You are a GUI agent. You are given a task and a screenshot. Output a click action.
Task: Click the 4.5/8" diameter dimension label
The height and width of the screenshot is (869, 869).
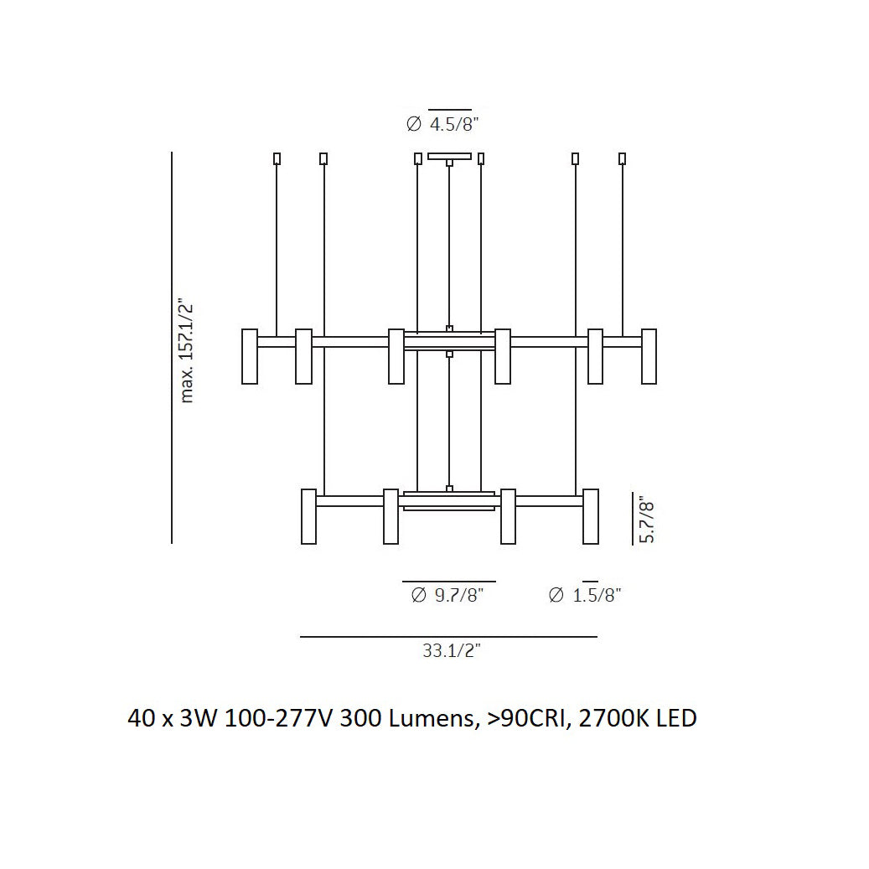click(442, 125)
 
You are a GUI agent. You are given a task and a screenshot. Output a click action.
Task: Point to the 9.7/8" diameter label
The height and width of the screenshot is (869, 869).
click(448, 596)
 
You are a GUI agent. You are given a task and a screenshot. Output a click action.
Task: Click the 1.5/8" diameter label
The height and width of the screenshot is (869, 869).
click(585, 596)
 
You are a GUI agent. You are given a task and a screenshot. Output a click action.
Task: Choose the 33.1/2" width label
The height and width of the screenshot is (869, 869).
click(451, 650)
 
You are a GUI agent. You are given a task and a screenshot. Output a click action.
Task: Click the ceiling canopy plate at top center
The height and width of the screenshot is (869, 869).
click(449, 156)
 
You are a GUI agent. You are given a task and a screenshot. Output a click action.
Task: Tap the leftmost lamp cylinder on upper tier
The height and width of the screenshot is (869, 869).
click(250, 356)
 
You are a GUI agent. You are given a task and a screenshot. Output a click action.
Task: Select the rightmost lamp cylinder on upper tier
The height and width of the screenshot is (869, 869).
click(649, 356)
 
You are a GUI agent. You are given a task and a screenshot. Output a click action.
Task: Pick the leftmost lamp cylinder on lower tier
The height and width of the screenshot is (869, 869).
click(308, 516)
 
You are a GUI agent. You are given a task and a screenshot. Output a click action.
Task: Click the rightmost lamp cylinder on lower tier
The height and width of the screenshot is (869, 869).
click(591, 516)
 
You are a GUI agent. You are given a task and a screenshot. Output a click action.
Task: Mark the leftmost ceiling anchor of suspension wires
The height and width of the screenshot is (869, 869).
click(277, 158)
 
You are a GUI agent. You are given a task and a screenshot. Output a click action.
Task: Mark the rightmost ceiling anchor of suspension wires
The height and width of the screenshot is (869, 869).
click(622, 158)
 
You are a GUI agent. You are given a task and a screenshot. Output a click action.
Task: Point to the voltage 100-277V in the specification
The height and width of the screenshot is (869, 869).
click(279, 718)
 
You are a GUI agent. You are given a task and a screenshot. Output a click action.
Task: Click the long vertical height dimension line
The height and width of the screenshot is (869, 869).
click(172, 348)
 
